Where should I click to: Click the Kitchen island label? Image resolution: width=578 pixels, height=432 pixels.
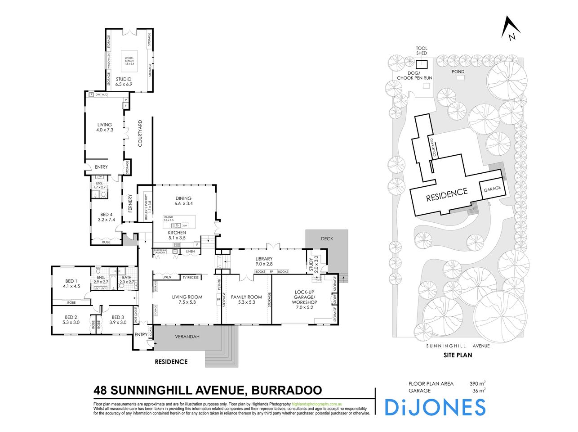tap(169, 219)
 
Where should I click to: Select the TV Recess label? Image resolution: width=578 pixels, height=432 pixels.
tap(190, 277)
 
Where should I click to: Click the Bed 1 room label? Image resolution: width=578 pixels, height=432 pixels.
tap(71, 283)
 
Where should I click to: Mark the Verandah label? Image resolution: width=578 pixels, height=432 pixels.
tap(187, 337)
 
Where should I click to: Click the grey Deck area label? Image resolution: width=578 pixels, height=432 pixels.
tap(327, 238)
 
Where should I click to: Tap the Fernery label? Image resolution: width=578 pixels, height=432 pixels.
tap(130, 204)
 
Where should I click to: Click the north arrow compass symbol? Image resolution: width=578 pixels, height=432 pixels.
tap(511, 29)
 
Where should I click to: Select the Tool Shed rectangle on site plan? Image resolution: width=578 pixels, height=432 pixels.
tap(422, 63)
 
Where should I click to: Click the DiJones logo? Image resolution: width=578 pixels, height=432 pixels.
tap(435, 407)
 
